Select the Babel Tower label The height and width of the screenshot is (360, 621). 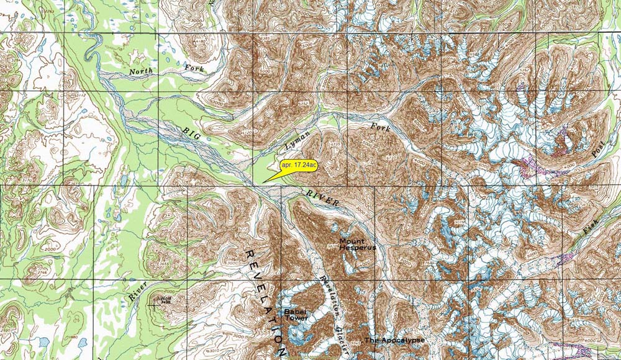click(x=296, y=315)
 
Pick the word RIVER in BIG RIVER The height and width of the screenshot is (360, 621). click(x=322, y=199)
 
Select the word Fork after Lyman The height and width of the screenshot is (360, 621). click(x=379, y=128)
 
